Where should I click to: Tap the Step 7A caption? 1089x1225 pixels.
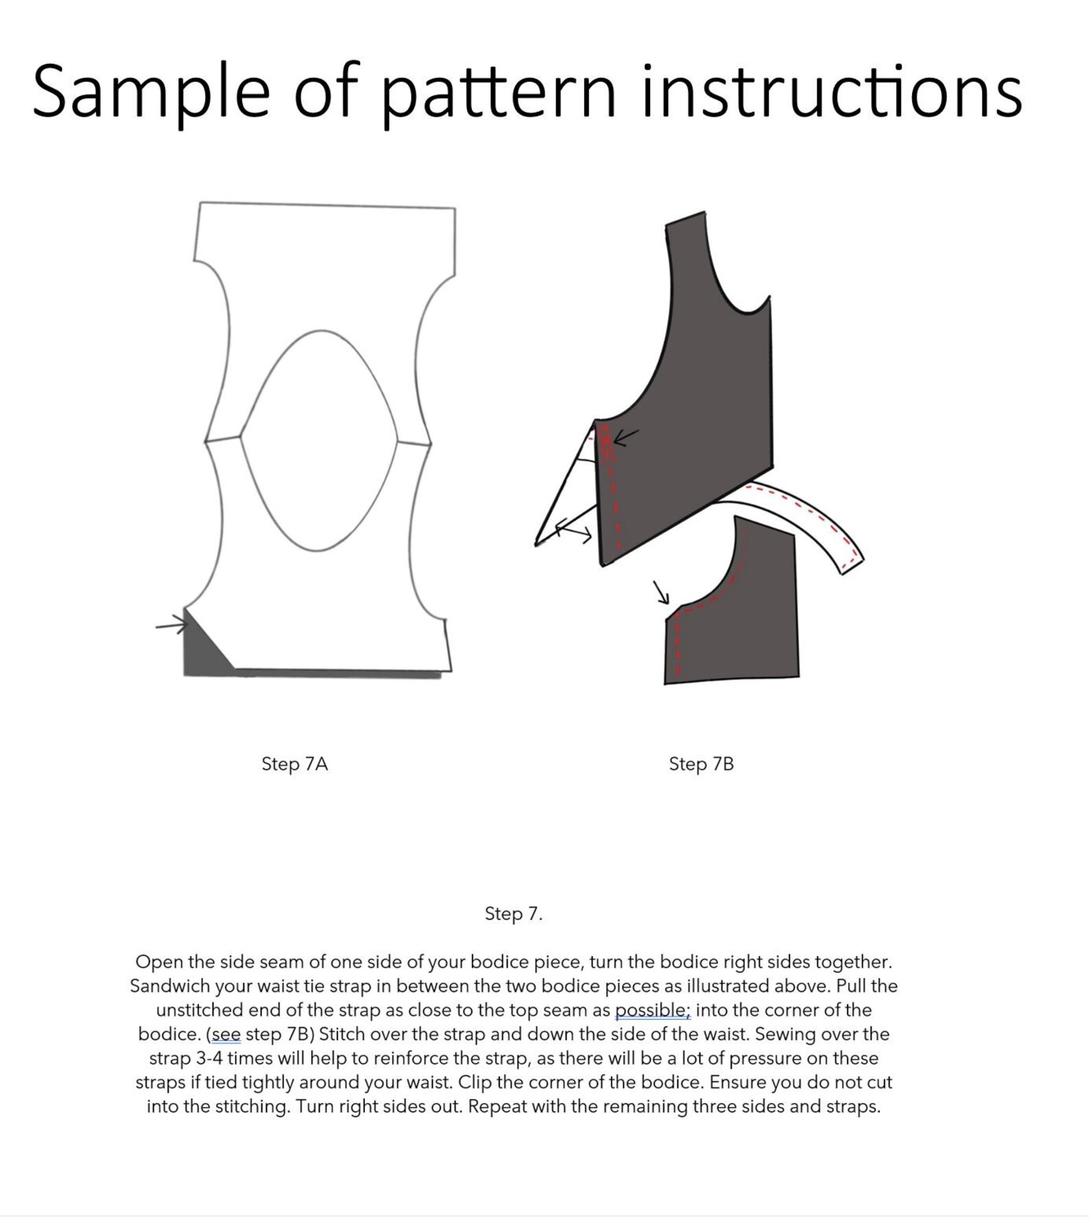click(294, 764)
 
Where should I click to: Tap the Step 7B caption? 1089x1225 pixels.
click(701, 764)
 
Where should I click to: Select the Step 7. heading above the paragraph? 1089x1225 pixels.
click(513, 914)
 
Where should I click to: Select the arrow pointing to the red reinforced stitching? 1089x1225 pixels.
click(625, 437)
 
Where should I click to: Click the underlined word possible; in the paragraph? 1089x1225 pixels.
click(652, 1010)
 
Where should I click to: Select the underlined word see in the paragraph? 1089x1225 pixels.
click(226, 1034)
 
